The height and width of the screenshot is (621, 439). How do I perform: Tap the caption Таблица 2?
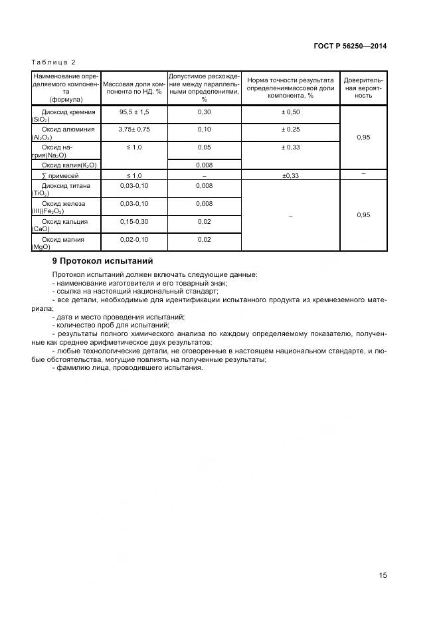(x=54, y=62)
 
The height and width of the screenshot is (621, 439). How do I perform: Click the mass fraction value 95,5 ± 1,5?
(x=134, y=112)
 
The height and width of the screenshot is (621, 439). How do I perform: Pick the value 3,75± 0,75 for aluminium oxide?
(x=134, y=129)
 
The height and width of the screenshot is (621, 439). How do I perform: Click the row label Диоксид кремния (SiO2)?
(x=64, y=116)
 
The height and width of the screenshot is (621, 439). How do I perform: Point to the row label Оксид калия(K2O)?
(x=69, y=164)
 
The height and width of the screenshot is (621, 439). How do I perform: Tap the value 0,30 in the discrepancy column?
(x=204, y=112)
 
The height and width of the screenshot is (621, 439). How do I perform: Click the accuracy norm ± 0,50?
(x=290, y=112)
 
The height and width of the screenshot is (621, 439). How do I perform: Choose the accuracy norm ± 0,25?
(x=290, y=129)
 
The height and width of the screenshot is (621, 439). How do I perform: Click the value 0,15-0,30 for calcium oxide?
(x=134, y=221)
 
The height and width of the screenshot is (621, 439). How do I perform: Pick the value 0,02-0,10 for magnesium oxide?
(x=134, y=238)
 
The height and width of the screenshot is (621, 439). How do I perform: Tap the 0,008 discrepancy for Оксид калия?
(x=204, y=164)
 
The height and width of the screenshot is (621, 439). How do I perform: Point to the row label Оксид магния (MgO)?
(x=64, y=242)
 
